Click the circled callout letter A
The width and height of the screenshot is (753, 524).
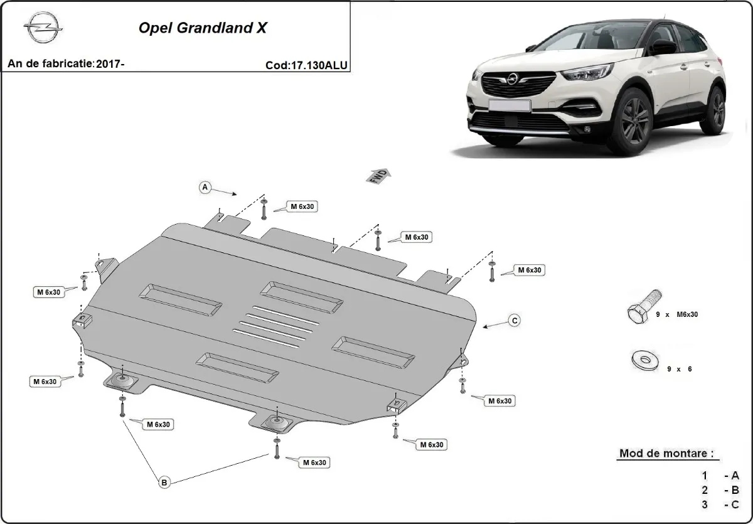point(205,187)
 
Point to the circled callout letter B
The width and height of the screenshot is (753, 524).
point(164,482)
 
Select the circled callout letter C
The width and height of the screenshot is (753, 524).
point(514,321)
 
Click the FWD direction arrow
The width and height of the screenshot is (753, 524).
point(378,175)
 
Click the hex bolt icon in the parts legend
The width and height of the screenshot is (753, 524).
point(644,306)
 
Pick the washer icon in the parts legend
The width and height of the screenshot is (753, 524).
point(643,360)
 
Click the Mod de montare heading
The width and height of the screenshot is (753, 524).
point(666,453)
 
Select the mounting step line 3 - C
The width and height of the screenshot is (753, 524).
point(722,504)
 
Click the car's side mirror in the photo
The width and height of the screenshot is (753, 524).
point(665,48)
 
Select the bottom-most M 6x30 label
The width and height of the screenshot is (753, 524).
point(313,463)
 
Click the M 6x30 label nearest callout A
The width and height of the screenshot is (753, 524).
point(302,206)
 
